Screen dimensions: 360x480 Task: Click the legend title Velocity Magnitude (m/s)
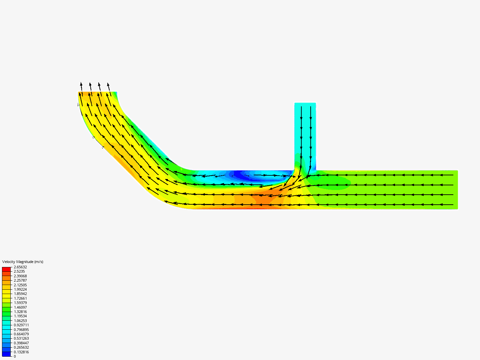pos(23,262)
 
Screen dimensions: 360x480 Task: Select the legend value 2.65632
pos(20,267)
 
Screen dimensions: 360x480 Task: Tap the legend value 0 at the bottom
pos(15,356)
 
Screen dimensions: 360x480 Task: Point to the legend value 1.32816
pos(20,312)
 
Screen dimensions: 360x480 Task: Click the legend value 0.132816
pos(21,352)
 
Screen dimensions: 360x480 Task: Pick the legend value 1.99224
pos(20,289)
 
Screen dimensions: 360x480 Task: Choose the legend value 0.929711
pos(21,325)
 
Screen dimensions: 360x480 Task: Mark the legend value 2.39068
pos(20,276)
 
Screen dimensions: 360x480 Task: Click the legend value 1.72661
pos(20,298)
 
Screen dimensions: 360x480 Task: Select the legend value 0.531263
pos(21,338)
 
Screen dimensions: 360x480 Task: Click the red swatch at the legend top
pos(6,269)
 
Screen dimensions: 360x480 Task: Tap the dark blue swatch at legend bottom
pos(6,354)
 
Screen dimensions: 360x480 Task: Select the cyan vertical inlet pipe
pos(305,133)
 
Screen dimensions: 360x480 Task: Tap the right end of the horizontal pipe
pos(456,190)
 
